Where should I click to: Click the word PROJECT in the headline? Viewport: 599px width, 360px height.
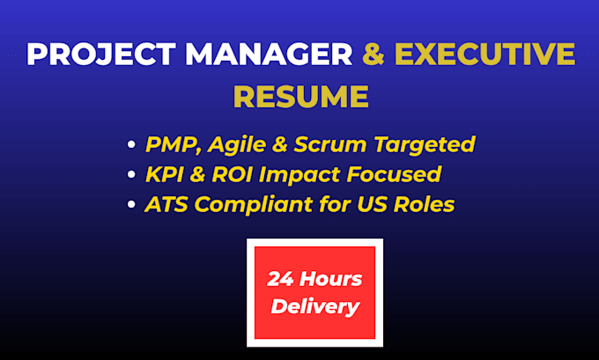(100, 54)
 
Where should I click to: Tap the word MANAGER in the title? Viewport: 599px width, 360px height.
(269, 54)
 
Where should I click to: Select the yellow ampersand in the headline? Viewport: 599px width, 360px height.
(373, 54)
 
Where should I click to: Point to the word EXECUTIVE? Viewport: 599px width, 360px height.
(484, 54)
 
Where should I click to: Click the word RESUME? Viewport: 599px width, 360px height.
(301, 96)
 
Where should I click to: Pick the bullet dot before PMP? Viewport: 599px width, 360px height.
(131, 144)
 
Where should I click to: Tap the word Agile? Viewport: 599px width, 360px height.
(237, 145)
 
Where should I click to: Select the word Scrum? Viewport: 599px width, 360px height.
(330, 144)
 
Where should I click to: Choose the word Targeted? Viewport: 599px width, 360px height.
(425, 145)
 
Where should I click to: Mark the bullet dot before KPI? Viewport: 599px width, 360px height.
(131, 174)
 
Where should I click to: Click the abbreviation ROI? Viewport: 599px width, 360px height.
(232, 175)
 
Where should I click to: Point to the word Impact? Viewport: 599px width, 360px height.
(299, 176)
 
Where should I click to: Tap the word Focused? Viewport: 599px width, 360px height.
(394, 174)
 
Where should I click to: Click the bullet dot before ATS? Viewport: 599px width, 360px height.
(131, 204)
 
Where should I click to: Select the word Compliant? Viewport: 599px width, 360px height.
(254, 205)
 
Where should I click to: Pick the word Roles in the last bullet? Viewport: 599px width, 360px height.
(424, 204)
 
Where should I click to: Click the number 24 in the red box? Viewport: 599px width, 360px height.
(280, 279)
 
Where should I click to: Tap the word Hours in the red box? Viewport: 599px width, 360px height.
(331, 279)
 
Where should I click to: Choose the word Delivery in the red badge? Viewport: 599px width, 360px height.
(315, 307)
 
